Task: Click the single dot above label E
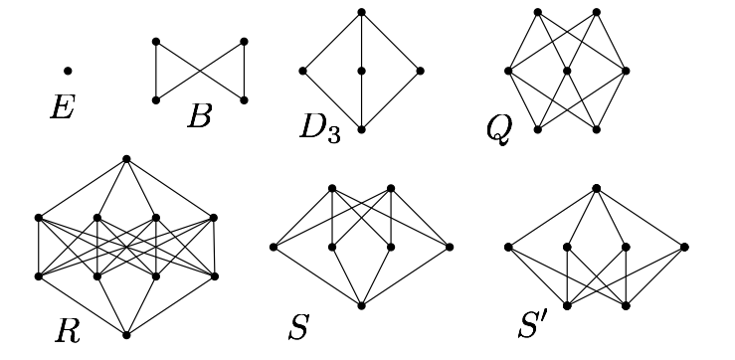(x=68, y=71)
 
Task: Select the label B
(x=199, y=117)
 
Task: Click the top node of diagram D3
(x=362, y=12)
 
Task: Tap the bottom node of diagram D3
(x=362, y=129)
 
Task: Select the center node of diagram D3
(x=362, y=71)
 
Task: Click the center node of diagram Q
(x=566, y=71)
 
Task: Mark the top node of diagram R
(x=126, y=158)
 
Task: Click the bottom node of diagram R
(x=126, y=333)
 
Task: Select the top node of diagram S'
(x=596, y=187)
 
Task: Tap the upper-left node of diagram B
(x=156, y=42)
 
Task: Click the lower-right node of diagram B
(x=244, y=100)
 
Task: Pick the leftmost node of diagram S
(x=273, y=246)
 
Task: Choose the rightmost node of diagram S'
(x=685, y=247)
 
